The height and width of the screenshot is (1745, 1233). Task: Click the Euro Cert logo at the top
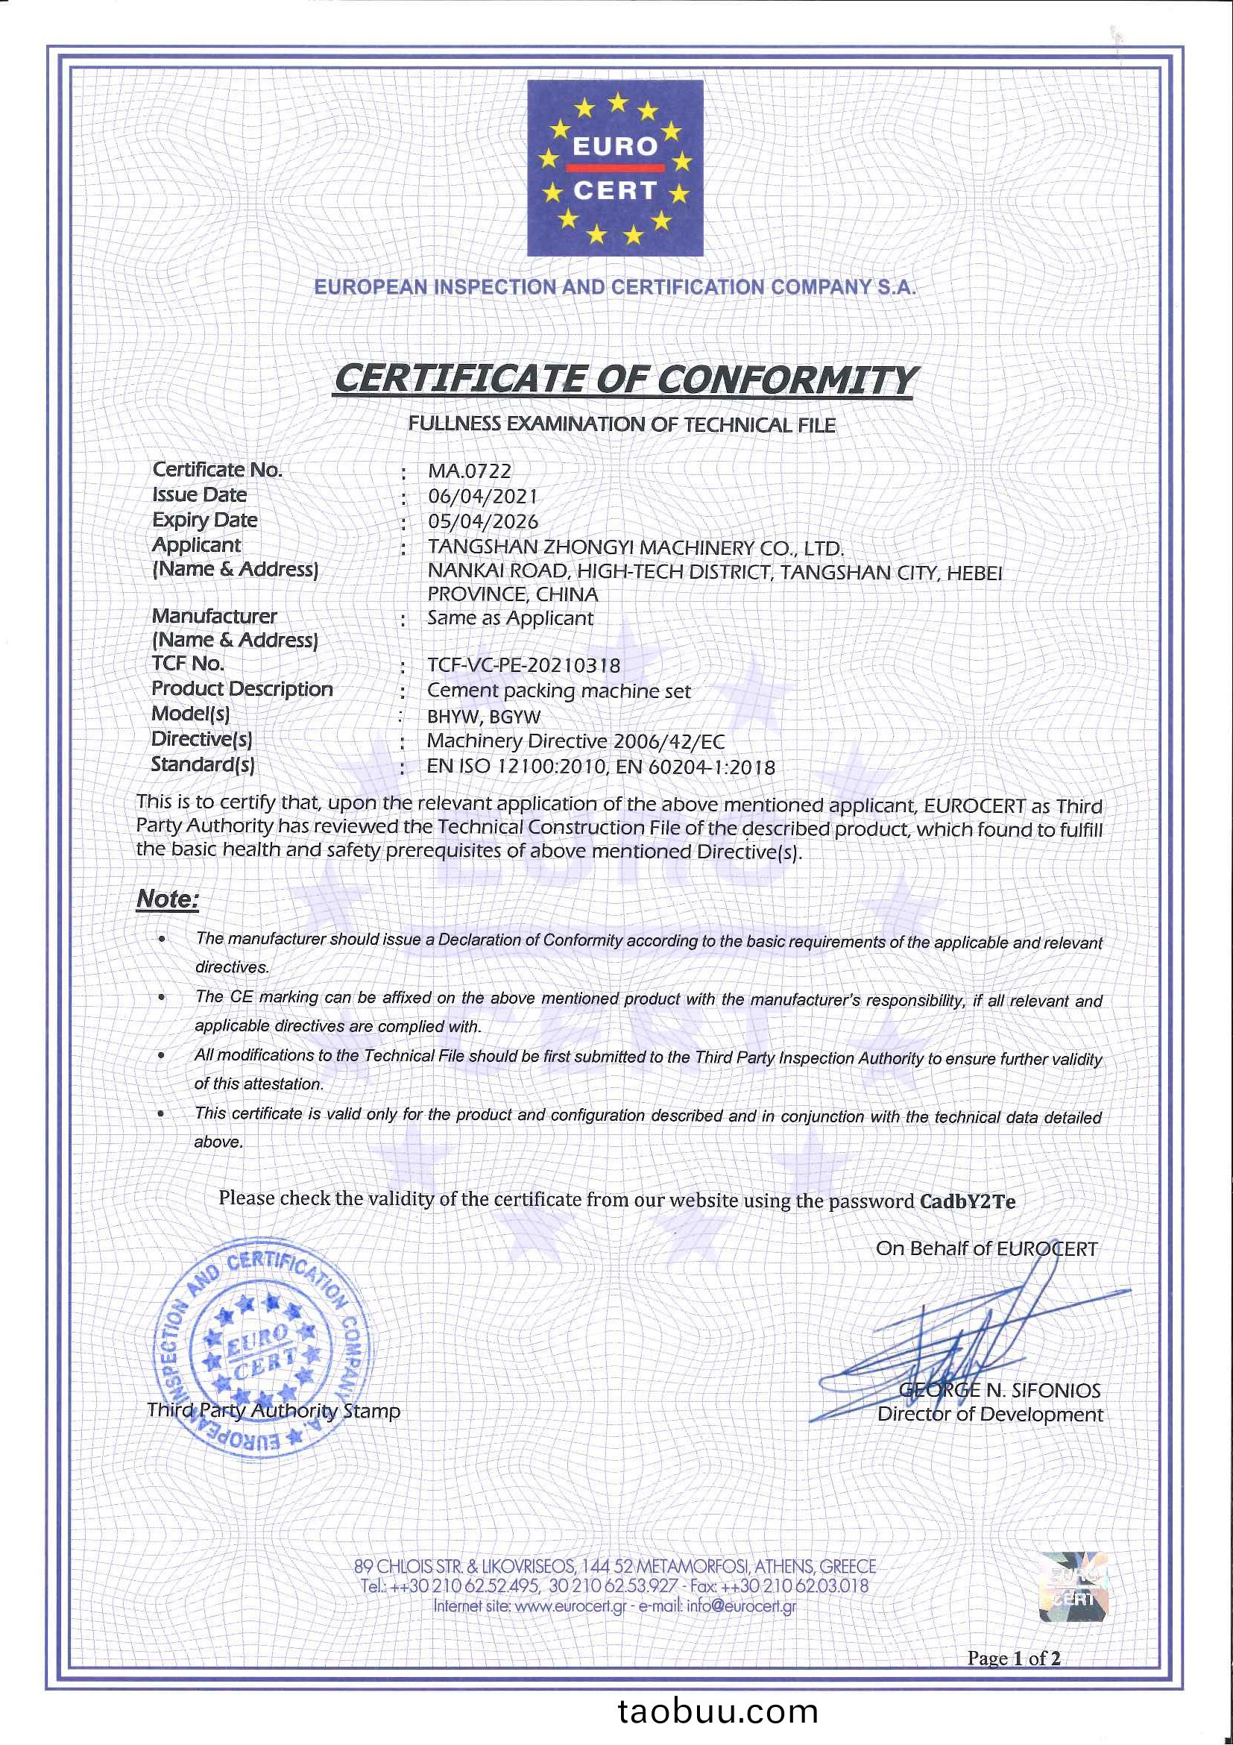[614, 168]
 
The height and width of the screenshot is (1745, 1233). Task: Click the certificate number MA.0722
[470, 471]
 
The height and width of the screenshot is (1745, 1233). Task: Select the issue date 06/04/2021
[482, 497]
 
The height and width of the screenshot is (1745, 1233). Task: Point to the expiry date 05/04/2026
[482, 521]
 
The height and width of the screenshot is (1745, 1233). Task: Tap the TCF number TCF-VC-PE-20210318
[523, 665]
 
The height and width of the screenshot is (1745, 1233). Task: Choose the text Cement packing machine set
[558, 691]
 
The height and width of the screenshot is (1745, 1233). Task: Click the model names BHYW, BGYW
[483, 717]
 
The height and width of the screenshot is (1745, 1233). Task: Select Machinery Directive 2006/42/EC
[575, 741]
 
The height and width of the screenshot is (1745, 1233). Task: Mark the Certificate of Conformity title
[624, 380]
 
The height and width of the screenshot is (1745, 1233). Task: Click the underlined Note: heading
[167, 899]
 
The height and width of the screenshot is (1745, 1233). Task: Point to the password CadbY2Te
[967, 1201]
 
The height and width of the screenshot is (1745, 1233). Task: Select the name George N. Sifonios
[999, 1390]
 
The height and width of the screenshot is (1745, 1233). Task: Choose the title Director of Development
[990, 1415]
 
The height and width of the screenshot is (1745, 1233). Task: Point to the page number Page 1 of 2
[1013, 1658]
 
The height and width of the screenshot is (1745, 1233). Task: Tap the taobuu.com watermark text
[717, 1711]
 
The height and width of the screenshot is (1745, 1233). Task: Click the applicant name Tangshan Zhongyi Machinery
[635, 547]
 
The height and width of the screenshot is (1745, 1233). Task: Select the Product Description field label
[242, 688]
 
